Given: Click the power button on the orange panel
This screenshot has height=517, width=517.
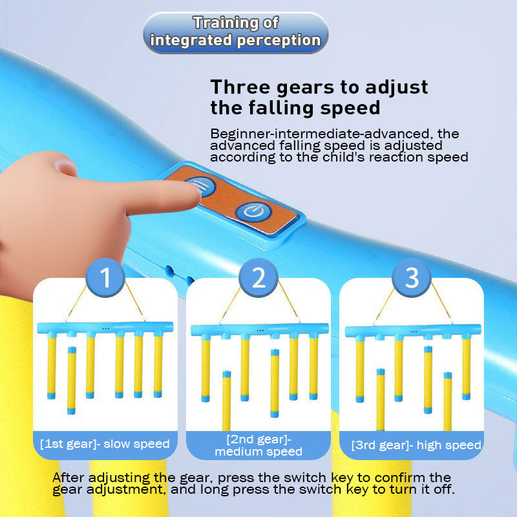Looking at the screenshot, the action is pos(254,211).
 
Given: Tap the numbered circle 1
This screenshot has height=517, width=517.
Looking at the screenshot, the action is pos(105,277).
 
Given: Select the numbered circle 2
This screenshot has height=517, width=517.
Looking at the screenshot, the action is pos(258,277).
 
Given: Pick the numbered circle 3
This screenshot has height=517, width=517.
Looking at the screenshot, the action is pos(412,277).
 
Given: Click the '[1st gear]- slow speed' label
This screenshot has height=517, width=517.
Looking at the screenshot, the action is pos(105,444).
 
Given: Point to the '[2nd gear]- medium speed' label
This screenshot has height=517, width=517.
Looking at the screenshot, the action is pos(258,445).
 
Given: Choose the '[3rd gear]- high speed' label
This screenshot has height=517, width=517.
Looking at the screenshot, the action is pos(416,445).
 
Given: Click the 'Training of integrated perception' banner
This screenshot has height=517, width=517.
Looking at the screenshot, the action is pos(236,32).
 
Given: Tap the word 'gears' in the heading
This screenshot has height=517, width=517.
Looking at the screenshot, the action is pos(305,88).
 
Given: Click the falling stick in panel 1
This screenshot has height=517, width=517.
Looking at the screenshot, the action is pos(72,380).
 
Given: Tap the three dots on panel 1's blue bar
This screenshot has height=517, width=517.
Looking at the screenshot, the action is pos(105,328).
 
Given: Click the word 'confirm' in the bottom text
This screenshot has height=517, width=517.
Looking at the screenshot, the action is pos(399,478).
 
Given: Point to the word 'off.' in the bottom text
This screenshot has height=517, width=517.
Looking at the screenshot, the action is pos(444,489).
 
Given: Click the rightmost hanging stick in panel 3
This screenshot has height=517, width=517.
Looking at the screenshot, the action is pos(466,368).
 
